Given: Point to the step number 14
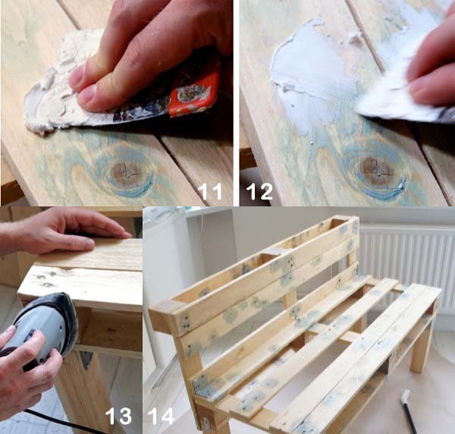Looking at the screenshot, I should (x=161, y=415).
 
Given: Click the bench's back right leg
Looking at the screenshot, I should (x=422, y=345).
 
